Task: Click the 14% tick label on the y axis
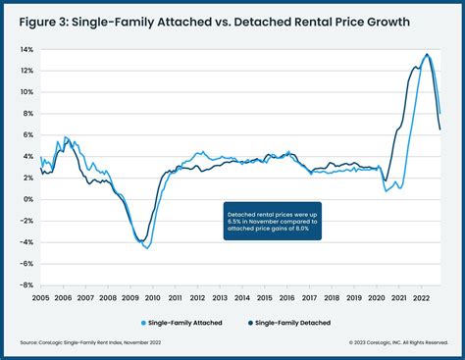click(x=26, y=49)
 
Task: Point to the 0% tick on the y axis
click(x=28, y=199)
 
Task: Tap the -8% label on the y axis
click(x=26, y=285)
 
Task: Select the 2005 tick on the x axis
click(x=40, y=296)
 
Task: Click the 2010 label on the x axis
click(x=151, y=296)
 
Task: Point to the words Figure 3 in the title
click(x=56, y=22)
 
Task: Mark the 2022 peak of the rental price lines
click(x=427, y=54)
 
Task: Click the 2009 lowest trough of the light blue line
click(x=146, y=247)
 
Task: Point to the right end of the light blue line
click(x=440, y=114)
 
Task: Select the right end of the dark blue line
click(x=439, y=129)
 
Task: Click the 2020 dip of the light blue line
click(x=386, y=190)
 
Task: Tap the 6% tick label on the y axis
click(x=28, y=135)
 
